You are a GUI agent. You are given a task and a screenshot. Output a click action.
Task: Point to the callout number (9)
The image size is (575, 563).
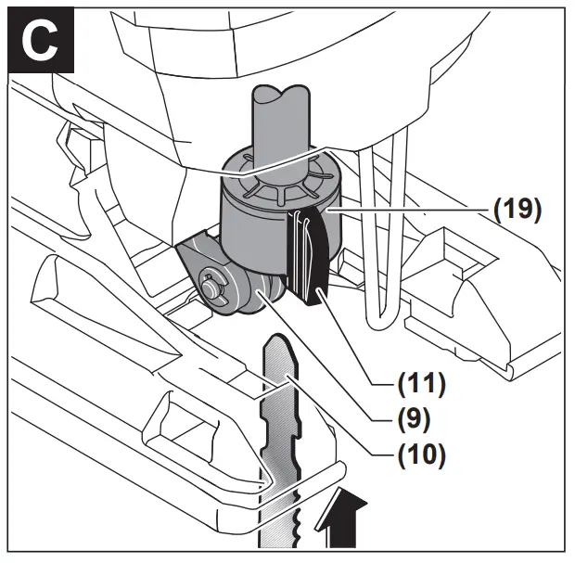point(415,418)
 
